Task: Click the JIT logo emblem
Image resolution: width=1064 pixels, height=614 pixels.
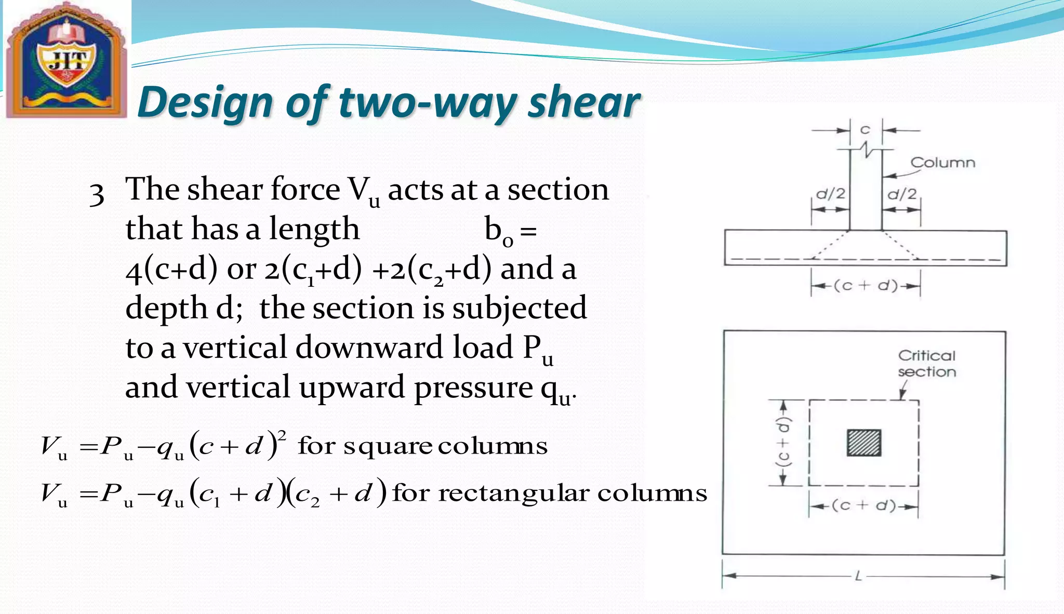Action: [66, 59]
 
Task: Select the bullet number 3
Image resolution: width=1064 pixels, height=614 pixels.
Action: [97, 194]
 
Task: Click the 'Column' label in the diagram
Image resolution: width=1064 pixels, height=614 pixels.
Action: [942, 163]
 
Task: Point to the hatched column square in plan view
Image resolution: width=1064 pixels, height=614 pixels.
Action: [864, 443]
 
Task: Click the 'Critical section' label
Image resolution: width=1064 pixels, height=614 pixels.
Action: [927, 364]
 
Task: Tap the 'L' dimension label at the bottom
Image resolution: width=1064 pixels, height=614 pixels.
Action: [858, 576]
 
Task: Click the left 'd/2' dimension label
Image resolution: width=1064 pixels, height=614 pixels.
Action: [830, 194]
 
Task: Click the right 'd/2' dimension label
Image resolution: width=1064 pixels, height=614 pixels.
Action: [902, 194]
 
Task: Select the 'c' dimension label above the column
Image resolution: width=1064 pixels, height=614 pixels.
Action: [865, 129]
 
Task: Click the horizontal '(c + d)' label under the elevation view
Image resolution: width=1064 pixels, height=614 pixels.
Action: [866, 286]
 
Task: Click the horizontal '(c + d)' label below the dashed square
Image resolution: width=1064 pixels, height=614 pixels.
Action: [863, 505]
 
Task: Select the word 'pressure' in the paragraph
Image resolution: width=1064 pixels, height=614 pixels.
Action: [473, 388]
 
